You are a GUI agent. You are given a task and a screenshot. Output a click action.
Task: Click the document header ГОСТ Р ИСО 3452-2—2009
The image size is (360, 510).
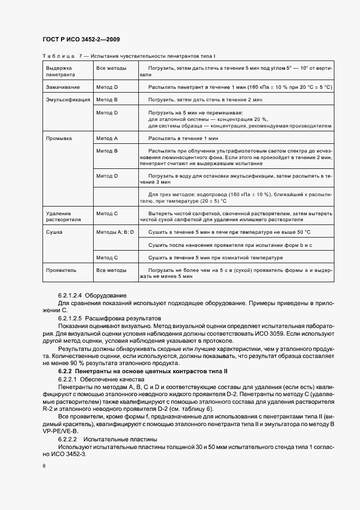tap(81, 39)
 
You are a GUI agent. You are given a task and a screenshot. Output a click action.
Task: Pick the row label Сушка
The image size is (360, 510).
tap(55, 232)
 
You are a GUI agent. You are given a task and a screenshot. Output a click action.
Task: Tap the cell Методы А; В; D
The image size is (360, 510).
tap(114, 232)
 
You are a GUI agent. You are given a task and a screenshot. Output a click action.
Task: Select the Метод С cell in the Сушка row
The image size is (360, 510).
tap(107, 257)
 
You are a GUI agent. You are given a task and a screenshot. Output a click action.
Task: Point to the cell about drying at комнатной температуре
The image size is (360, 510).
tap(216, 257)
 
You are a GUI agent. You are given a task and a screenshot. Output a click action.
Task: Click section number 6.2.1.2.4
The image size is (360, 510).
tap(71, 295)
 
